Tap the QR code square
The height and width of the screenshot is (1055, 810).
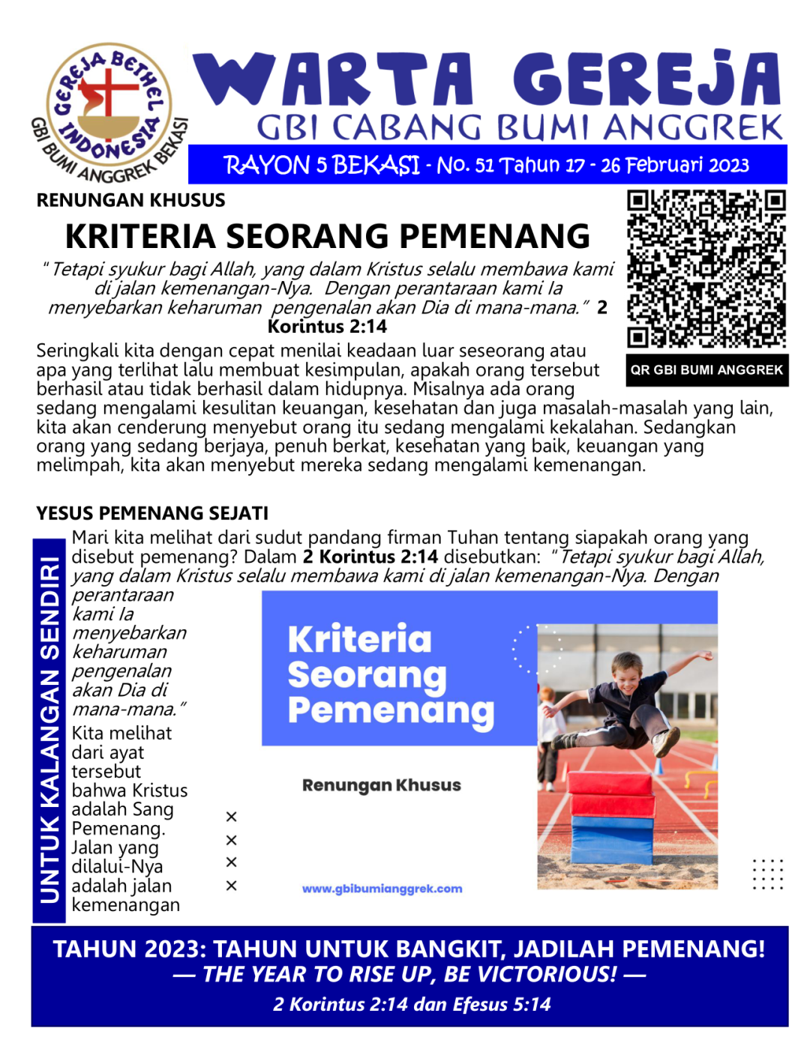[x=706, y=269]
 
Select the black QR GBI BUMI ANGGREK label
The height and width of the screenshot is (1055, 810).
[x=706, y=370]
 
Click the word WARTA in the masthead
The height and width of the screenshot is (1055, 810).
[x=334, y=79]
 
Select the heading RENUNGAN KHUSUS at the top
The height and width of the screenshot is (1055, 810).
[x=130, y=201]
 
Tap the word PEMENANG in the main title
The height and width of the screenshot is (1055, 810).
[x=494, y=237]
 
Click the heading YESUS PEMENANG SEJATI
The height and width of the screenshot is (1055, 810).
[x=152, y=513]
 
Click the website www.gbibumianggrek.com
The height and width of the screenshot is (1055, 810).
[x=382, y=889]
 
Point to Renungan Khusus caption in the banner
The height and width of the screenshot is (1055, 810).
[x=381, y=785]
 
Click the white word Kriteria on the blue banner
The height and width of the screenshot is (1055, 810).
[x=360, y=639]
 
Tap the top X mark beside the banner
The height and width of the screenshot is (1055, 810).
[x=231, y=817]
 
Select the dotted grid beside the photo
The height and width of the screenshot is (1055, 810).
[x=767, y=874]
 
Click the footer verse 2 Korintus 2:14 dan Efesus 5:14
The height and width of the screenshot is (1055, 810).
[x=411, y=1005]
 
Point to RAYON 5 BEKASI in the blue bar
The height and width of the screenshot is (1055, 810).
[x=322, y=166]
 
